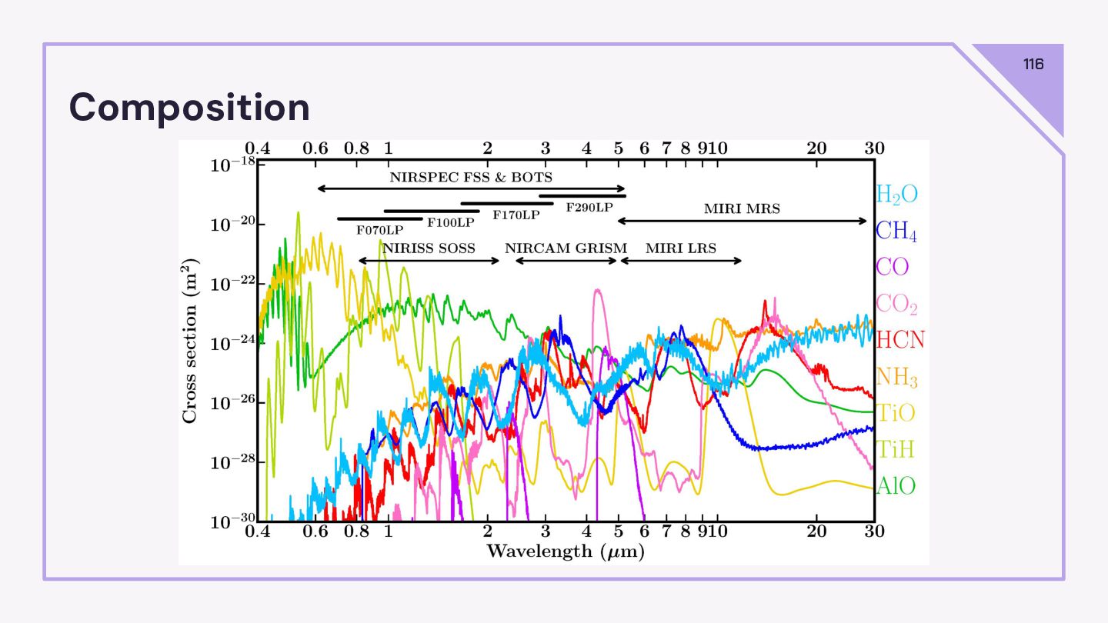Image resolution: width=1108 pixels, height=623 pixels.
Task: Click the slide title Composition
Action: click(189, 107)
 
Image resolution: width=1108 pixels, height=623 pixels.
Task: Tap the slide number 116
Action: click(1033, 64)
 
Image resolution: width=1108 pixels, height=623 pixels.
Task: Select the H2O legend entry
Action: click(896, 194)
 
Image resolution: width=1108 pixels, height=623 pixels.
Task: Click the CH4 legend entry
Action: click(896, 231)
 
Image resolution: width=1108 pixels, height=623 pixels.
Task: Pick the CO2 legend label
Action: click(896, 304)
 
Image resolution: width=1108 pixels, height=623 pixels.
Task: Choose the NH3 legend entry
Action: click(896, 377)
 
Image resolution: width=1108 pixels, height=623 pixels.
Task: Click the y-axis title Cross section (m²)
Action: click(189, 341)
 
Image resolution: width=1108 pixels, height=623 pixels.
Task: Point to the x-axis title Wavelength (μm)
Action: click(565, 551)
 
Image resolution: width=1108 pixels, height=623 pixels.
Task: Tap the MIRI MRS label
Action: click(742, 208)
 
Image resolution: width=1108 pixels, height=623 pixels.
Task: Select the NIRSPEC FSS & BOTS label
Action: click(471, 177)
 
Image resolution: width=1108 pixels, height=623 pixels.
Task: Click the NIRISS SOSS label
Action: click(429, 248)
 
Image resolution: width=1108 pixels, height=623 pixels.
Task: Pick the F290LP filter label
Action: click(589, 208)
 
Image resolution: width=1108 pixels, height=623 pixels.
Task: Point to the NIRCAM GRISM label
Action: click(566, 248)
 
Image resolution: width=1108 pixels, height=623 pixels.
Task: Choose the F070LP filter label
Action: click(379, 229)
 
